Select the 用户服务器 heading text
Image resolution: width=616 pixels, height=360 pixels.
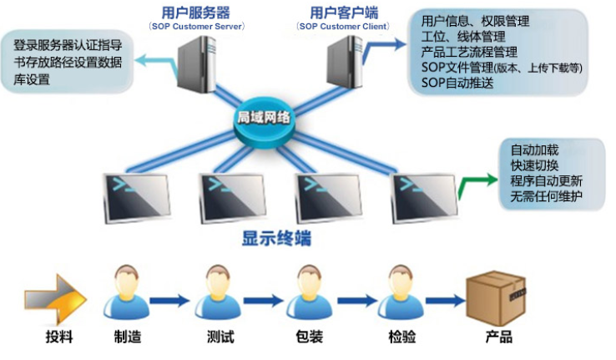(196, 13)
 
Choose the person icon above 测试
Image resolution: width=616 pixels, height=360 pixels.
(218, 292)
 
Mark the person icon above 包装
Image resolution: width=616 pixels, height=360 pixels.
(311, 292)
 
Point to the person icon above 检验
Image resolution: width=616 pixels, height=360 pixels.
(402, 292)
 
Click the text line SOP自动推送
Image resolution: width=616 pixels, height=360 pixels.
(457, 83)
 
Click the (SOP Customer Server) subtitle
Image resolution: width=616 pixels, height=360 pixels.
(196, 27)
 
